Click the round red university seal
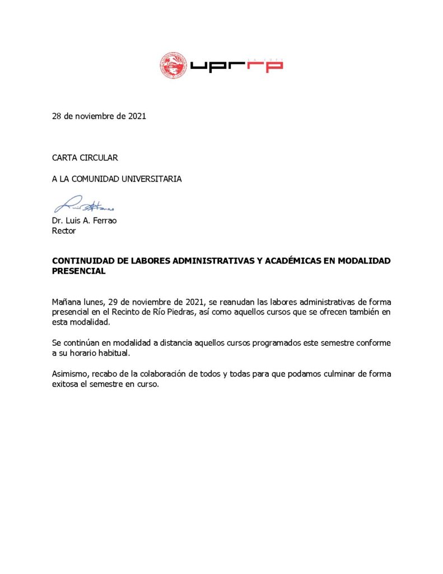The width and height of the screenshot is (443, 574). [x=172, y=65]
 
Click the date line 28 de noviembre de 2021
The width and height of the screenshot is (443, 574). [x=99, y=117]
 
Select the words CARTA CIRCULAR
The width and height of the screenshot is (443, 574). [x=85, y=158]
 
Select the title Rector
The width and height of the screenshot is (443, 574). [x=64, y=230]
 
